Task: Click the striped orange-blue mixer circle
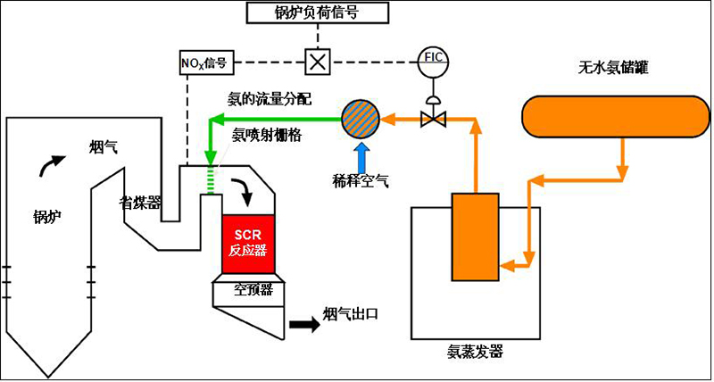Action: (x=361, y=116)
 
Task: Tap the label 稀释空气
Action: (x=359, y=180)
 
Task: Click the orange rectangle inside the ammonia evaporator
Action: (x=476, y=236)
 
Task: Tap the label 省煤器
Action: (x=141, y=203)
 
